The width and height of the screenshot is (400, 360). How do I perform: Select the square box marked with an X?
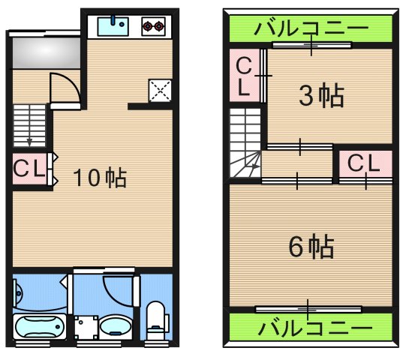160,90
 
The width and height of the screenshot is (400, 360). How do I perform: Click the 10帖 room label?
100,178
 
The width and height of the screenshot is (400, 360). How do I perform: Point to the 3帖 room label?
321,97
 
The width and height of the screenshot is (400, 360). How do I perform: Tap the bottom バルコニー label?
311,328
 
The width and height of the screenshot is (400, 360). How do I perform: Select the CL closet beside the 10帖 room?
30,169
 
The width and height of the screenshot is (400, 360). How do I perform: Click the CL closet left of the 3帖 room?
244,76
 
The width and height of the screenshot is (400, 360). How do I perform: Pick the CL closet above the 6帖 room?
363,162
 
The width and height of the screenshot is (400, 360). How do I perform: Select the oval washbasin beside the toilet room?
116,326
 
